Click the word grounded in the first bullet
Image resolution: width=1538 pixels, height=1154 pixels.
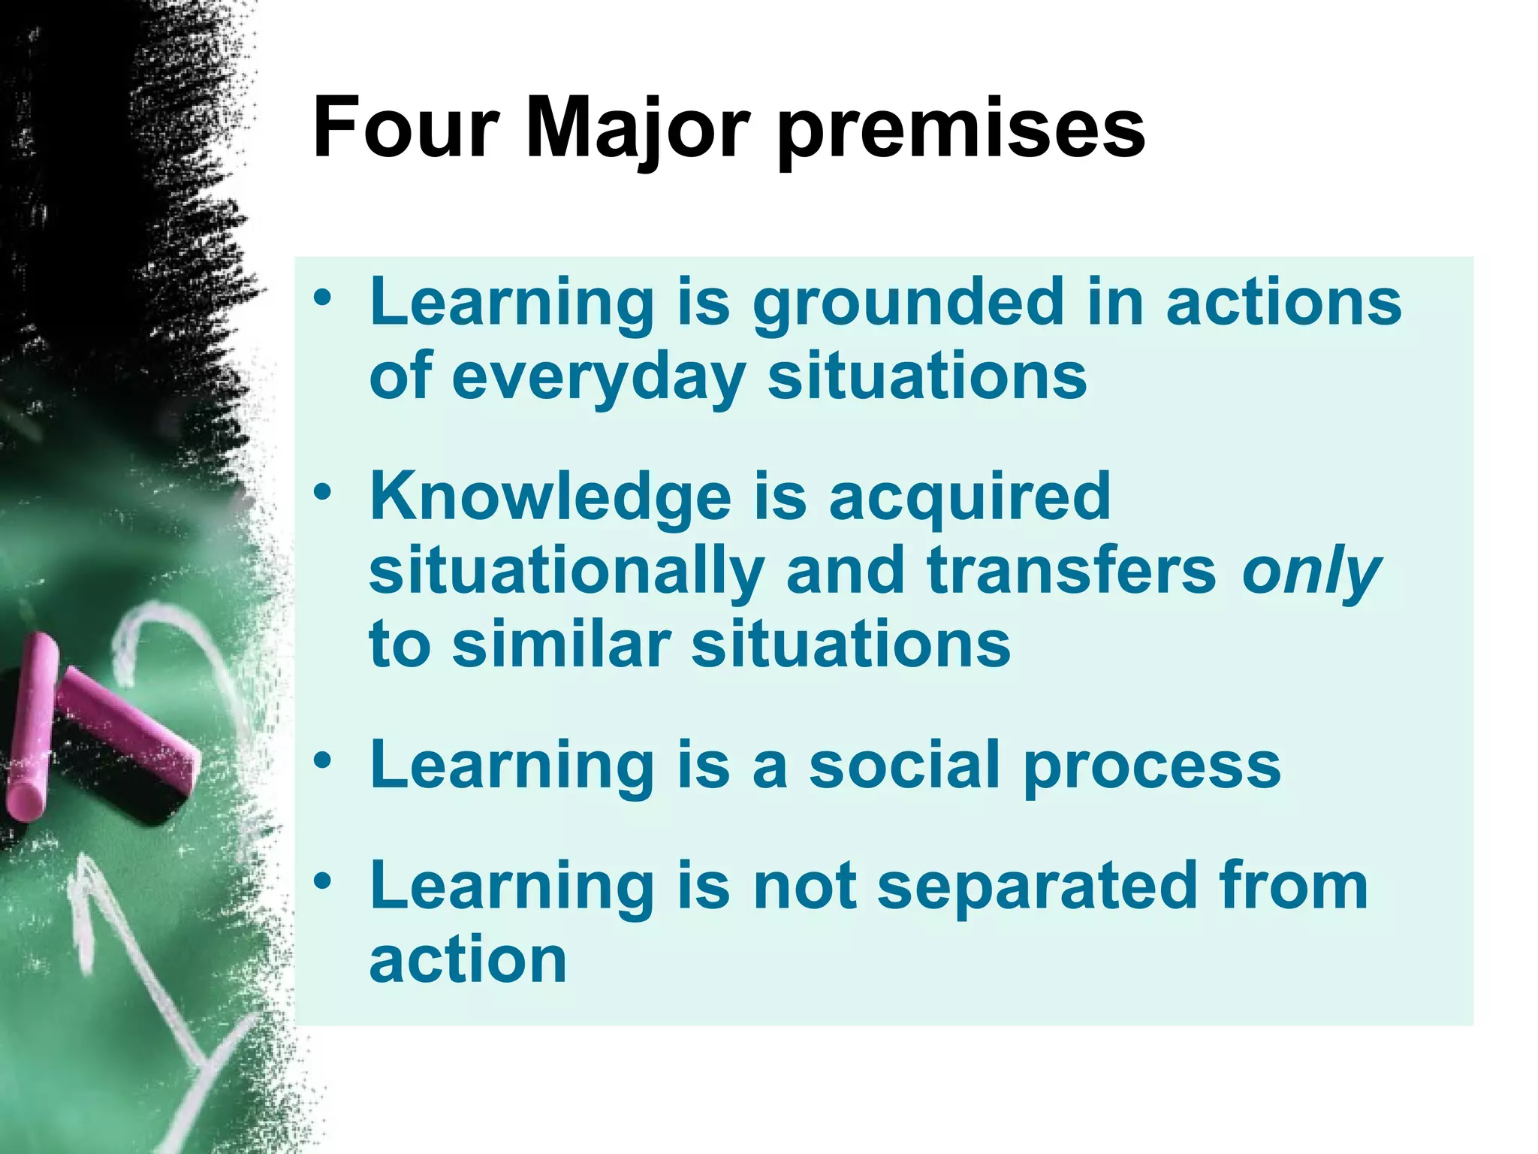click(909, 304)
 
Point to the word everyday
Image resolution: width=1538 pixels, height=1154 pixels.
click(599, 378)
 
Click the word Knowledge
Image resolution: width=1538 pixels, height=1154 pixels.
click(550, 497)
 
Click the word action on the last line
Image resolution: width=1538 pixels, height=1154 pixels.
click(468, 960)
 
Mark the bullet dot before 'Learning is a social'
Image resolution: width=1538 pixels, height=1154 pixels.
click(323, 761)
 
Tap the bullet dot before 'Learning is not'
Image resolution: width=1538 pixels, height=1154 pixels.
click(323, 881)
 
